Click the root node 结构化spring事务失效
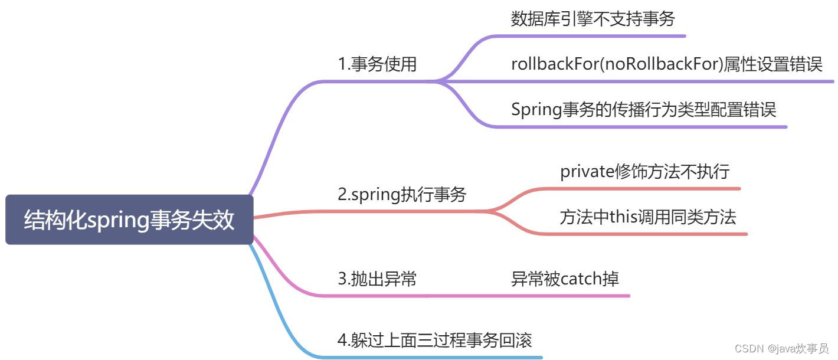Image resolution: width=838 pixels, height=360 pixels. [x=129, y=220]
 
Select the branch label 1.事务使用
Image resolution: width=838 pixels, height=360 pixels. [x=377, y=64]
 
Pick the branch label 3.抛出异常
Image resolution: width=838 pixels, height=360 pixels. [x=377, y=279]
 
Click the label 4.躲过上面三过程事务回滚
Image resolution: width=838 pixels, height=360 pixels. [x=435, y=340]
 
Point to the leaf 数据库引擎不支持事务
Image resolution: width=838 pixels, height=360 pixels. [x=593, y=19]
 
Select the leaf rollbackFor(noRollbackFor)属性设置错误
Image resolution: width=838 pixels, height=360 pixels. [x=666, y=64]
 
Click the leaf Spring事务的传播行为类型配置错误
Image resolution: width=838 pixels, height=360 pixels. [x=643, y=109]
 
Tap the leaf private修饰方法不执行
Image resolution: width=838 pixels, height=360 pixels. [x=644, y=172]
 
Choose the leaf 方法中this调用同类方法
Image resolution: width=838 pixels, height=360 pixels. [x=647, y=217]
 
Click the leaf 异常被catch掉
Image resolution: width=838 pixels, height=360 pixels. [x=565, y=279]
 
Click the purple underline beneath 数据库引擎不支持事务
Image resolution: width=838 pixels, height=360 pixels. [x=590, y=36]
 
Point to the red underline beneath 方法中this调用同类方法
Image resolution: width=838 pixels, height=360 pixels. [x=649, y=234]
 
